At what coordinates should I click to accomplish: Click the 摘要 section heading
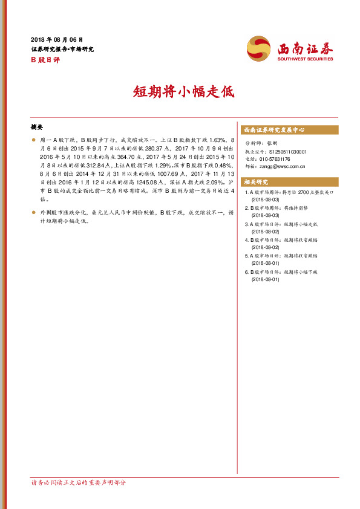[x=37, y=128]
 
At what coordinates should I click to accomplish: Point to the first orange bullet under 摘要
[x=33, y=140]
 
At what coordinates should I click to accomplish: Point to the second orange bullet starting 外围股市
[x=33, y=213]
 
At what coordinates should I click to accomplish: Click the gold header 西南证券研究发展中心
[x=273, y=130]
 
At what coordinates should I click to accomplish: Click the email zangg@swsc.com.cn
[x=282, y=166]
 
